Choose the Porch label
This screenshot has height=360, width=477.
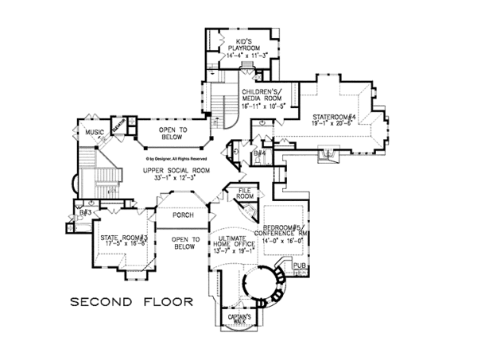pos(184,216)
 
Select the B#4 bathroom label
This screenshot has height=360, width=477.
pos(261,153)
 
